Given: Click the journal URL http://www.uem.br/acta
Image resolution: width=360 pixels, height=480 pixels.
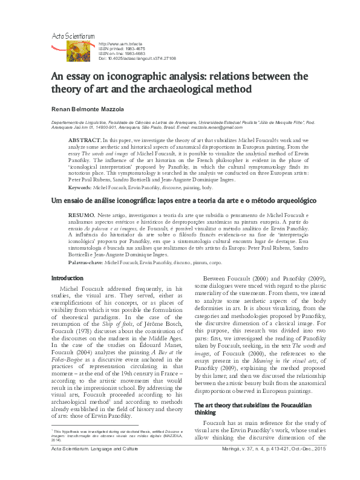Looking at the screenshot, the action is tap(120, 44).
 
